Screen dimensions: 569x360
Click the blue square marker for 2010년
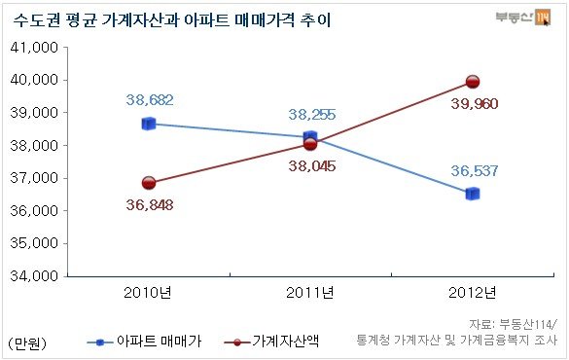(149, 124)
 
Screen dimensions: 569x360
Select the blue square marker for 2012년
(473, 194)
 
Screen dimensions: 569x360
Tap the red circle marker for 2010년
(149, 183)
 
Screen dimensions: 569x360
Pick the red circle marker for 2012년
(473, 82)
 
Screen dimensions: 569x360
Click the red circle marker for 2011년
(310, 144)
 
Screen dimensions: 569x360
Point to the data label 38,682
(150, 100)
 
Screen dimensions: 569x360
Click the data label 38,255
(312, 115)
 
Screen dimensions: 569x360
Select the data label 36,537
(475, 170)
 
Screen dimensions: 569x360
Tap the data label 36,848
(150, 205)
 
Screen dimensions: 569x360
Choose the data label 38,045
(312, 166)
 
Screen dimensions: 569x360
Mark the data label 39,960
(475, 104)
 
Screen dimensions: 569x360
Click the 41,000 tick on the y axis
(34, 47)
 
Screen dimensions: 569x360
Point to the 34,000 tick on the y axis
(34, 276)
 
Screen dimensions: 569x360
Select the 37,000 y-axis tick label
(34, 178)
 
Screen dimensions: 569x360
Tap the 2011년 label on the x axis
(310, 293)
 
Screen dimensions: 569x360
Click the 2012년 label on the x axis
(473, 293)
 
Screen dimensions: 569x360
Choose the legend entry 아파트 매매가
(144, 342)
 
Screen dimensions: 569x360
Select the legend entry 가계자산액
(271, 342)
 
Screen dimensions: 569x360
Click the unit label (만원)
(27, 342)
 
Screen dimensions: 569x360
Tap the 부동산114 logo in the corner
(523, 18)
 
